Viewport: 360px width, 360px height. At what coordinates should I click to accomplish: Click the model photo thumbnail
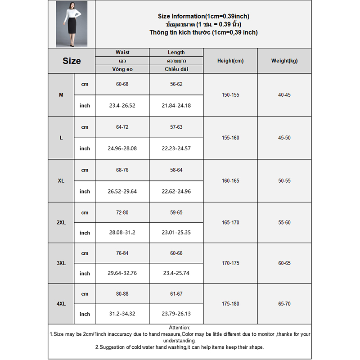coord(72,24)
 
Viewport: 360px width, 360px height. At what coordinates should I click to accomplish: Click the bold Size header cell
coord(72,61)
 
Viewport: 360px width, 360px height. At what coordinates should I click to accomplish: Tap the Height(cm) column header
coord(230,61)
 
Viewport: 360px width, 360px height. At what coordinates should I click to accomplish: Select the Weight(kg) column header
coord(284,61)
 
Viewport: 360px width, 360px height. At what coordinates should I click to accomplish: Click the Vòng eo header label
coord(122,69)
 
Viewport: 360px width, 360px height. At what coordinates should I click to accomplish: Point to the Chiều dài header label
coord(176,69)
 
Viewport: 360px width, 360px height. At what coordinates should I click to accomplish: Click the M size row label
coord(61,95)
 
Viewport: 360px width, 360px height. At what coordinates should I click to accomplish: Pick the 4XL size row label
coord(61,304)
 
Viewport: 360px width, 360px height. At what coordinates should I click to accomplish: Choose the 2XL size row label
coord(61,222)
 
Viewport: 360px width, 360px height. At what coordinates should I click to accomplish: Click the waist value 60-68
coord(122,84)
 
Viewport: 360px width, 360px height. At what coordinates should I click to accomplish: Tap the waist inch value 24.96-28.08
coord(122,148)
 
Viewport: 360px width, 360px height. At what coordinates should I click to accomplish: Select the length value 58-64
coord(176,170)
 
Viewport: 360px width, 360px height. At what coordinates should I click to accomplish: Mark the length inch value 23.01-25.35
coord(176,233)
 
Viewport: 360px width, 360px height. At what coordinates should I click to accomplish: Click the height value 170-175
coord(230,263)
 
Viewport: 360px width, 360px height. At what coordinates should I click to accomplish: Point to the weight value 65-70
coord(284,304)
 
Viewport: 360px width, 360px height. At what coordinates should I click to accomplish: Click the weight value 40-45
coord(284,95)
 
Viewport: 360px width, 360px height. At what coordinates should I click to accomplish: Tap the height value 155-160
coord(230,138)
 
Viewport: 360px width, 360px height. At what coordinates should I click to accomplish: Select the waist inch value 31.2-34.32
coord(122,314)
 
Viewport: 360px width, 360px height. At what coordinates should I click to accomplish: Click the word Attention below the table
coord(180,328)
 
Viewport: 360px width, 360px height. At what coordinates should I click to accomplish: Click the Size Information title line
coord(203,16)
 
